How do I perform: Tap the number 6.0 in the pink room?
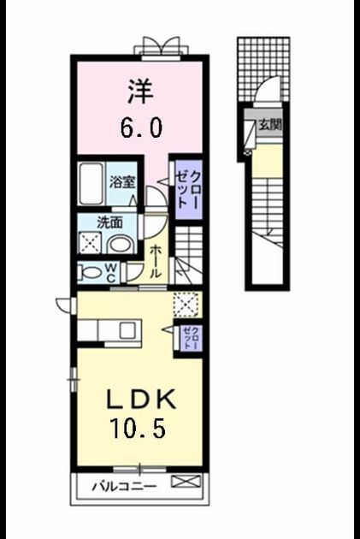(141, 127)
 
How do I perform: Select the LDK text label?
(141, 399)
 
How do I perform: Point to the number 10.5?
(138, 428)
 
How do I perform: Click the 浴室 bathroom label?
(122, 182)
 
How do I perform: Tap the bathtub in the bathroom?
(91, 184)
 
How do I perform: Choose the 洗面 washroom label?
(110, 222)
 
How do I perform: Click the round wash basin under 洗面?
(121, 245)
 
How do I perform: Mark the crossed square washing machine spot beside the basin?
(90, 243)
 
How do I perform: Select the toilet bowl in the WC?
(90, 273)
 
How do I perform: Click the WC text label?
(111, 273)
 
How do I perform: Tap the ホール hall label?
(156, 261)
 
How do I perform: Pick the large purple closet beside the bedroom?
(188, 189)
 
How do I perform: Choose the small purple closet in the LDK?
(191, 338)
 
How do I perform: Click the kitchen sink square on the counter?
(127, 331)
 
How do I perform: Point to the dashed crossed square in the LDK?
(186, 305)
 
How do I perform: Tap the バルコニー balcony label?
(124, 487)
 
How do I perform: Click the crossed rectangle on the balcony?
(186, 481)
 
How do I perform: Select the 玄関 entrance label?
(270, 125)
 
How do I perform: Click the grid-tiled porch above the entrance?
(263, 68)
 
